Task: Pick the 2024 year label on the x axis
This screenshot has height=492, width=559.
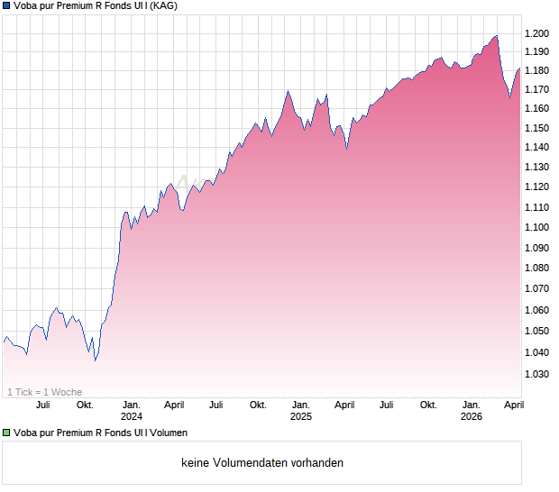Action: (132, 416)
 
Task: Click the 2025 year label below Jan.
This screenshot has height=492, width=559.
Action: (301, 416)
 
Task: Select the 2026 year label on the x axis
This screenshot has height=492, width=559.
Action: (471, 416)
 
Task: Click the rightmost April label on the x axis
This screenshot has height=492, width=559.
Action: (513, 405)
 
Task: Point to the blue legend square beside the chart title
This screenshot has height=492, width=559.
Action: (6, 6)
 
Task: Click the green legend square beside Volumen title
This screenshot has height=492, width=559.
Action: (6, 433)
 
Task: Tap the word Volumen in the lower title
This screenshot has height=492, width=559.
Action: (166, 433)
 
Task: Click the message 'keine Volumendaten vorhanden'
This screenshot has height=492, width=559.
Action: (262, 463)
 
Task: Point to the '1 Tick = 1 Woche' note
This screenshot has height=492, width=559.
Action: (44, 392)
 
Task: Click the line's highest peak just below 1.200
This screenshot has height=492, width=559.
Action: (496, 36)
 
